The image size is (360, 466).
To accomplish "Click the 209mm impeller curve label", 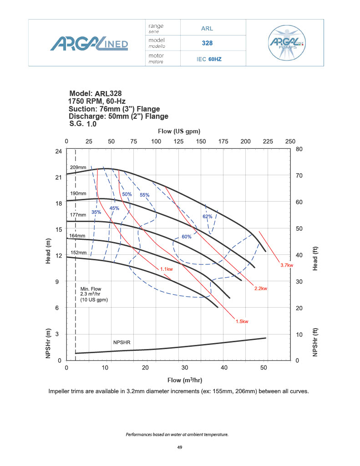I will [78, 167].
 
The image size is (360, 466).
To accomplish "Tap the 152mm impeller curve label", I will [78, 252].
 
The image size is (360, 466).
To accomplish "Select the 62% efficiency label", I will [207, 217].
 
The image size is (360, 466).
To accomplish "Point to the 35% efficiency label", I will [96, 212].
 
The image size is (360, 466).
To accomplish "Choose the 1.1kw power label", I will [166, 269].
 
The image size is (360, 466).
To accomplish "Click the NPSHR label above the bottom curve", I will [122, 341].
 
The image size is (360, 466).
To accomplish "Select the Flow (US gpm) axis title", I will [179, 132].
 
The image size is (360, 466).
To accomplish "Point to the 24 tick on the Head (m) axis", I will [58, 151].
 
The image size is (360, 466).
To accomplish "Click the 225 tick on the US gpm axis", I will [268, 142].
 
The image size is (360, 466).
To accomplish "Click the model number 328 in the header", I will [208, 44].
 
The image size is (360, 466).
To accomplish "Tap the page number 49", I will [180, 448].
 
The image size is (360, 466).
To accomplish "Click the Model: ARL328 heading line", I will [96, 93].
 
